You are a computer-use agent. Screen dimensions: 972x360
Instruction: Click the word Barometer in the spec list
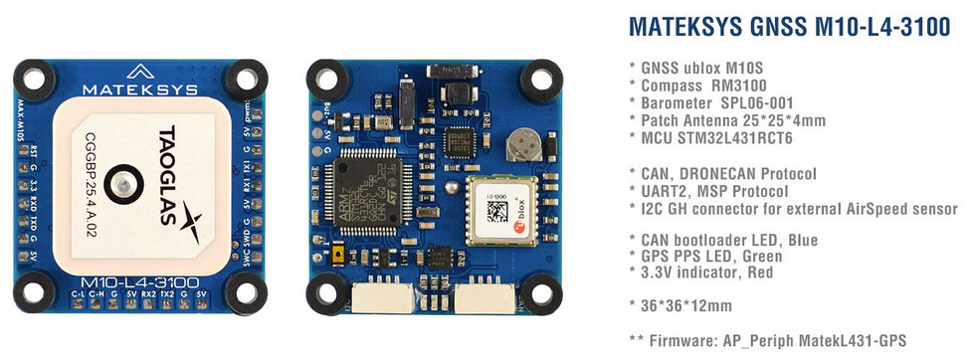click(677, 103)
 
